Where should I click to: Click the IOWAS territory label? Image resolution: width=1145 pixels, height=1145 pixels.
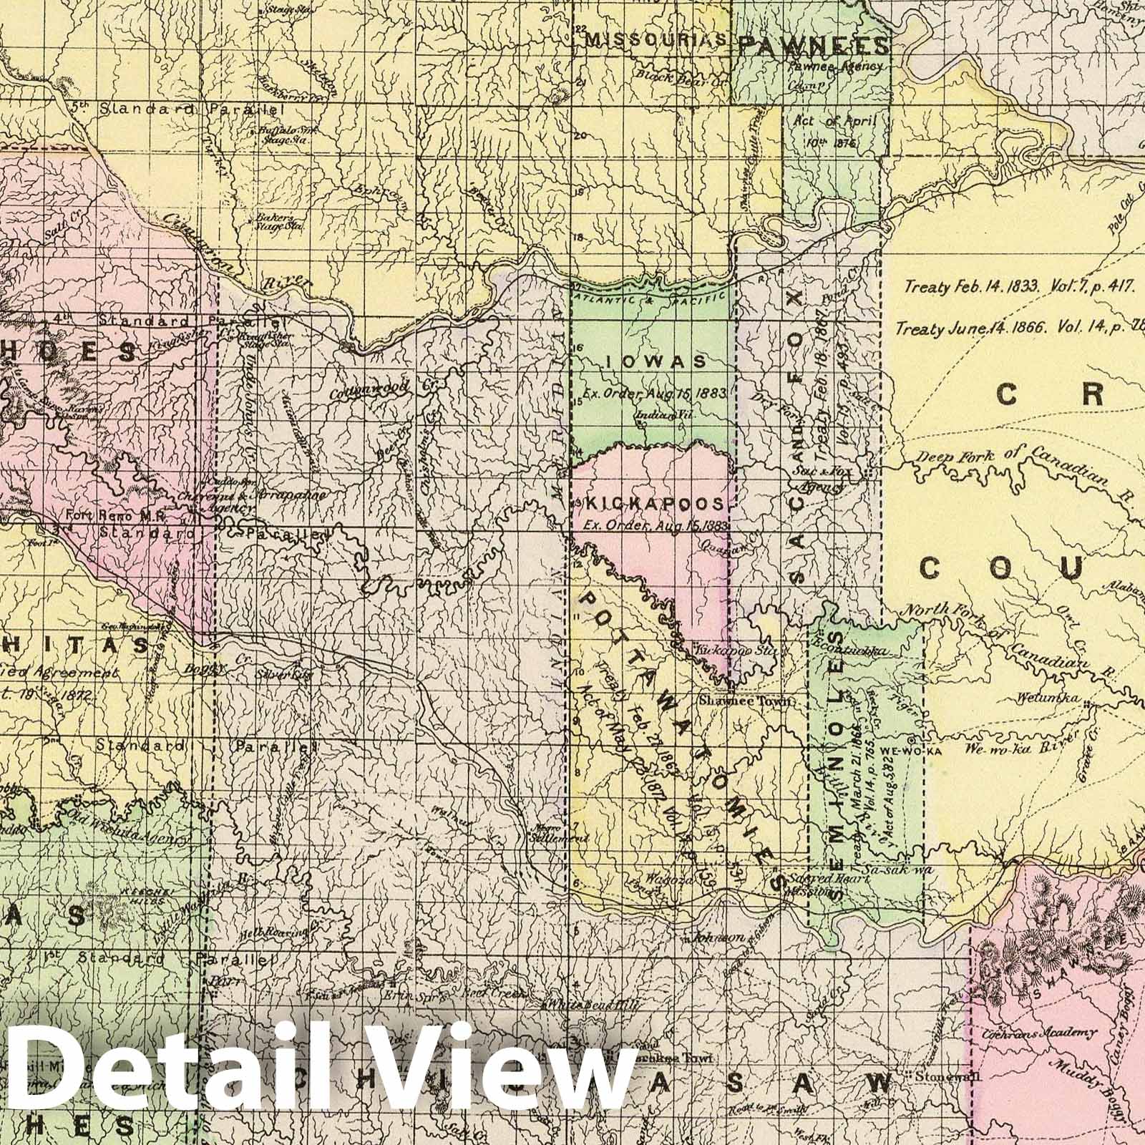(655, 362)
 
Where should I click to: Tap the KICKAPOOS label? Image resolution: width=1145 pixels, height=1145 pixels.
(656, 504)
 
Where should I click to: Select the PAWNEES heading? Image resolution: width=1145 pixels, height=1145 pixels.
(813, 47)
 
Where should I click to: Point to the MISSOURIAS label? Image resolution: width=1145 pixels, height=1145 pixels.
(656, 40)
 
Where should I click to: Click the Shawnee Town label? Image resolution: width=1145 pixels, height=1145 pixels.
(746, 701)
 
